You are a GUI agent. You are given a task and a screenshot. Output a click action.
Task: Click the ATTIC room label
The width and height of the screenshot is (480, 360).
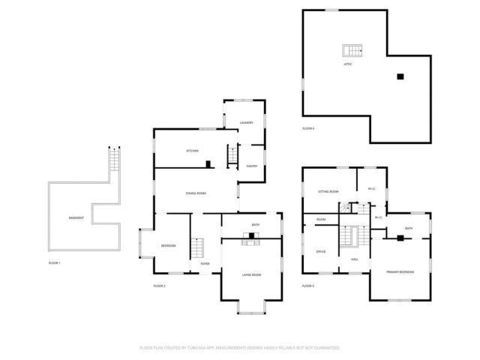pos(348,64)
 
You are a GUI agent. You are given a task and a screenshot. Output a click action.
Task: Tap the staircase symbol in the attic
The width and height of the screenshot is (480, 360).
pos(352,51)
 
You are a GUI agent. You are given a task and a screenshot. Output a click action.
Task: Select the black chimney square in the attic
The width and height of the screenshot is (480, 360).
pos(400,76)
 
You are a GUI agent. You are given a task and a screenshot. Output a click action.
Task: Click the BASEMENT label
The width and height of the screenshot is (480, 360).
pos(76,217)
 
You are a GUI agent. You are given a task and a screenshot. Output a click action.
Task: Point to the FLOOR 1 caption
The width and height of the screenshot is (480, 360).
pos(54,262)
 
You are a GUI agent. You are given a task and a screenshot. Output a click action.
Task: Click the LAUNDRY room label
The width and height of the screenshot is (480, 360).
pos(246,122)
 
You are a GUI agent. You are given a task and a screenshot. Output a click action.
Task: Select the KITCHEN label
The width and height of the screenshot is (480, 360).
pos(193,151)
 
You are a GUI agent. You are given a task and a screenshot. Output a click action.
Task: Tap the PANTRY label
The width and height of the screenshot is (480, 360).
pos(252,166)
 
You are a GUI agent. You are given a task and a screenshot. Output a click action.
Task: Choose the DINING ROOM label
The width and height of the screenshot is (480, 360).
pos(196,193)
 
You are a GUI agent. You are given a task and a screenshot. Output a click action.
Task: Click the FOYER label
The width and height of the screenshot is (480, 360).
pos(205,263)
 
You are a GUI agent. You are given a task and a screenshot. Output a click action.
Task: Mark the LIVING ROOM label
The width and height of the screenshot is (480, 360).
pos(251,274)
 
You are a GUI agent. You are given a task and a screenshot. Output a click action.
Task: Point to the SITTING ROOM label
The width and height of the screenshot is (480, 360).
pos(328,192)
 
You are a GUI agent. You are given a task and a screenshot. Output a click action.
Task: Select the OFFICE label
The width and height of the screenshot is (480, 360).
pos(321,251)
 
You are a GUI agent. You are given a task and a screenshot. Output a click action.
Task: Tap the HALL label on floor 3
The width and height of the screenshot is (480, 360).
pos(355,259)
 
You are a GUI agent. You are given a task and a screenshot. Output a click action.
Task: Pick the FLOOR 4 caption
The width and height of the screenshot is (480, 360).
pos(308,128)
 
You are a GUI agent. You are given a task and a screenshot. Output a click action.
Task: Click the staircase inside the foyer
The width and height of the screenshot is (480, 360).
pos(198,247)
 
